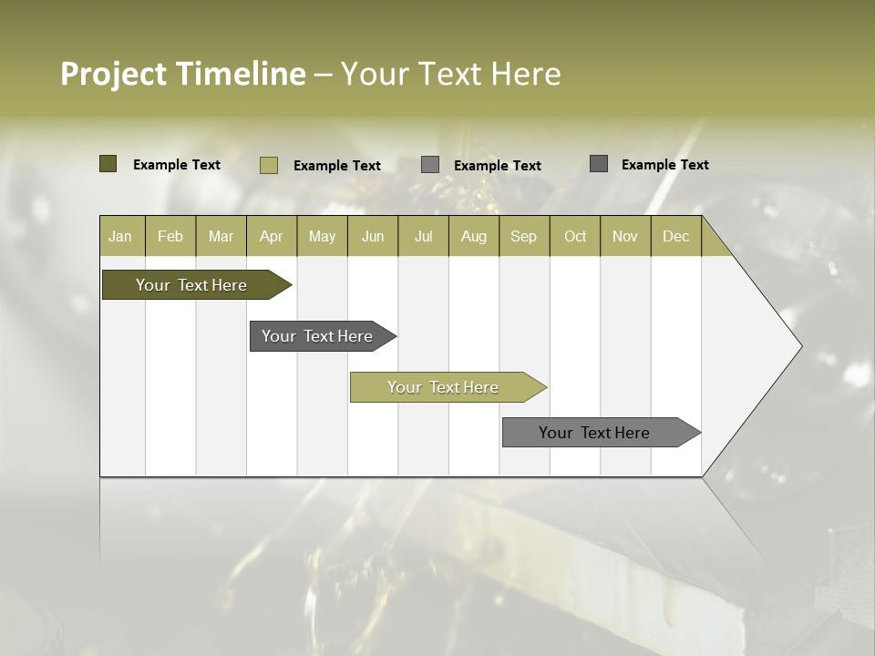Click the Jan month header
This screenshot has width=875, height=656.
click(x=120, y=237)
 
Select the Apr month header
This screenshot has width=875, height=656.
click(x=271, y=237)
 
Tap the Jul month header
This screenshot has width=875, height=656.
click(x=423, y=237)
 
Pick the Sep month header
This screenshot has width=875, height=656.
click(x=523, y=237)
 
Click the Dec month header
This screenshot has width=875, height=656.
click(x=675, y=237)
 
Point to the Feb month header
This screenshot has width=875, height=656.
click(x=170, y=237)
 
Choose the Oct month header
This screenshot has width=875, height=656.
click(x=575, y=237)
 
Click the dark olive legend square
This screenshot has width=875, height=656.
click(x=108, y=164)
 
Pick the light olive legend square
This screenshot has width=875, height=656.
click(x=268, y=165)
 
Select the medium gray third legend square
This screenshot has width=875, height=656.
click(x=430, y=165)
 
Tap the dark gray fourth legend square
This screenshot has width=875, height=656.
click(x=599, y=164)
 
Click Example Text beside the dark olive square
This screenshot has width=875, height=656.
click(x=177, y=165)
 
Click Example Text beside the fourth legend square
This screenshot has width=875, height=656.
click(x=665, y=165)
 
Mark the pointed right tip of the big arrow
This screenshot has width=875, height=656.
click(x=800, y=346)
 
